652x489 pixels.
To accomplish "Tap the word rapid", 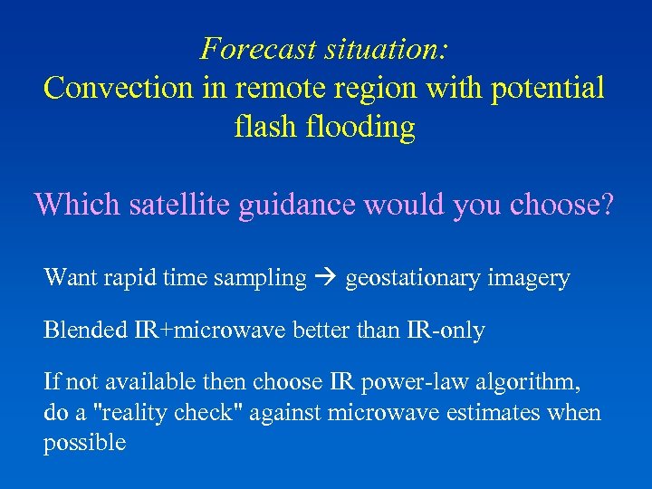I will [129, 279].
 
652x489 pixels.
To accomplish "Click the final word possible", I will [84, 444].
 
